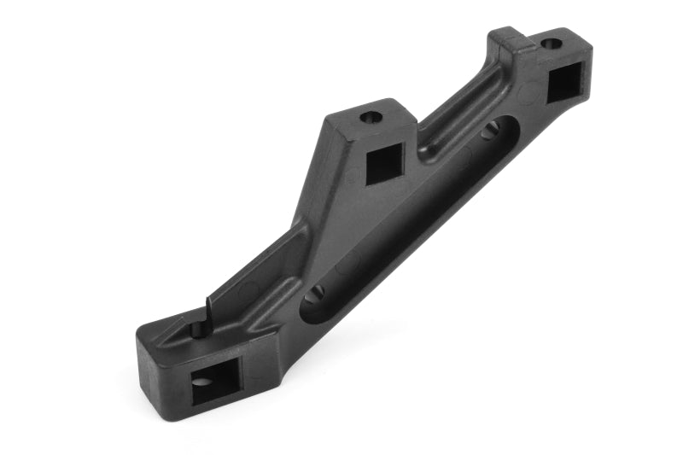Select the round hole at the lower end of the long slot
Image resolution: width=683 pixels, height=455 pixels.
pos(314,295)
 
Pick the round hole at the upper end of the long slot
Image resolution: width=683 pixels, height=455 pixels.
pos(490,131)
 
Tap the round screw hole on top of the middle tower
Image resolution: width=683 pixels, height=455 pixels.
pos(370,117)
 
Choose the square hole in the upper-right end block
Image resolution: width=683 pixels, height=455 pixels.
pos(563,83)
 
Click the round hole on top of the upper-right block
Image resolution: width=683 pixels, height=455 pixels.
pos(552,43)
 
